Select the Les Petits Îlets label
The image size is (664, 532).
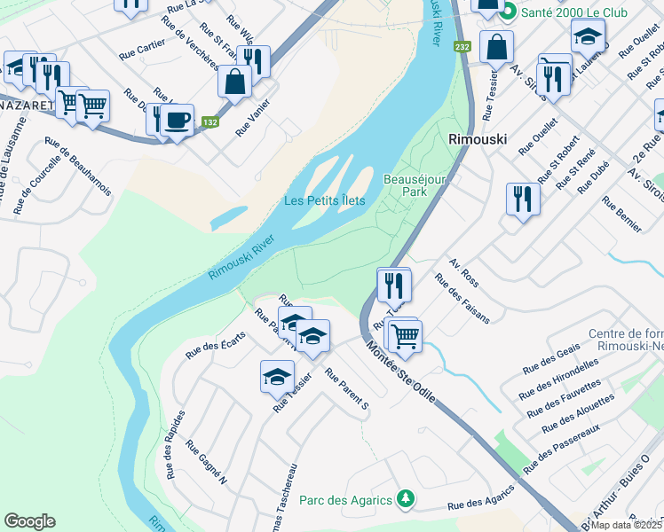[x=324, y=200]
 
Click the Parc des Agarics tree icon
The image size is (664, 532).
[x=406, y=500]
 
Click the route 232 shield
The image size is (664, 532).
[x=462, y=46]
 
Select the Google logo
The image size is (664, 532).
[x=30, y=521]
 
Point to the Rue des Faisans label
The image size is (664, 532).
[x=462, y=299]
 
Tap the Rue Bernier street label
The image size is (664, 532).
[x=621, y=215]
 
